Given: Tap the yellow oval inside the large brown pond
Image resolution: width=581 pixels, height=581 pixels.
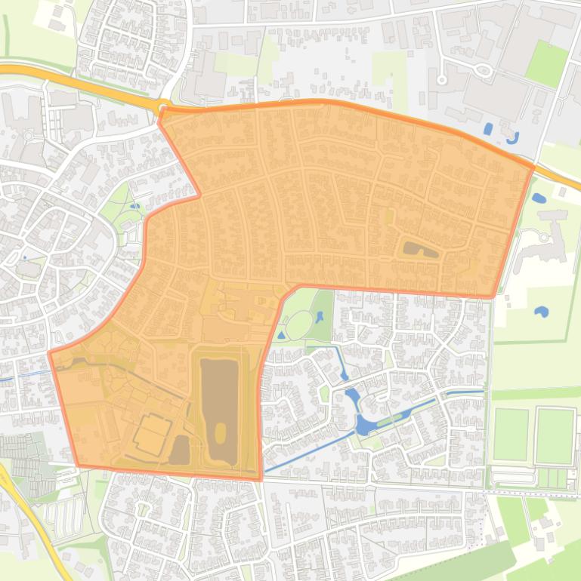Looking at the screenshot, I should click(x=220, y=432).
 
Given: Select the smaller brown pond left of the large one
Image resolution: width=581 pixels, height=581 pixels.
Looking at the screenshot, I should click(x=180, y=450).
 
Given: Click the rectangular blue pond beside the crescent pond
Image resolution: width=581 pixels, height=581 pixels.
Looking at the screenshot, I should click(x=488, y=128).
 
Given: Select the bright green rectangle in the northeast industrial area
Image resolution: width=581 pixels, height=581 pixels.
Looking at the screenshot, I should click(x=545, y=63).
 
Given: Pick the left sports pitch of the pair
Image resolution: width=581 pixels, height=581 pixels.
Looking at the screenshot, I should click(x=511, y=435).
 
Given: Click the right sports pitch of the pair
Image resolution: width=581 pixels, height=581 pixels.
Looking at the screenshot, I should click(x=555, y=435).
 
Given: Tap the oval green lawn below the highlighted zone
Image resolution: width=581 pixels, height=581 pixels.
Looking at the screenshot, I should click(x=299, y=325).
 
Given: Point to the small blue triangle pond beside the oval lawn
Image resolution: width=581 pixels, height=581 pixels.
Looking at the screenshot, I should click(x=281, y=334).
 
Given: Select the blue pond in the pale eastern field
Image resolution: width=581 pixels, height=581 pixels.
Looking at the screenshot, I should click(x=541, y=311).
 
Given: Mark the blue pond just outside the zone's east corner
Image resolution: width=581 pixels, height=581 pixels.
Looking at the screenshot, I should click(x=538, y=198).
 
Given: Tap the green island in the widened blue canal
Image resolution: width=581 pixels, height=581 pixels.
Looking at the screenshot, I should click(x=385, y=420).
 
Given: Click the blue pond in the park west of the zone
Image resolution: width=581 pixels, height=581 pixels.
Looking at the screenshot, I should click(x=134, y=204).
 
